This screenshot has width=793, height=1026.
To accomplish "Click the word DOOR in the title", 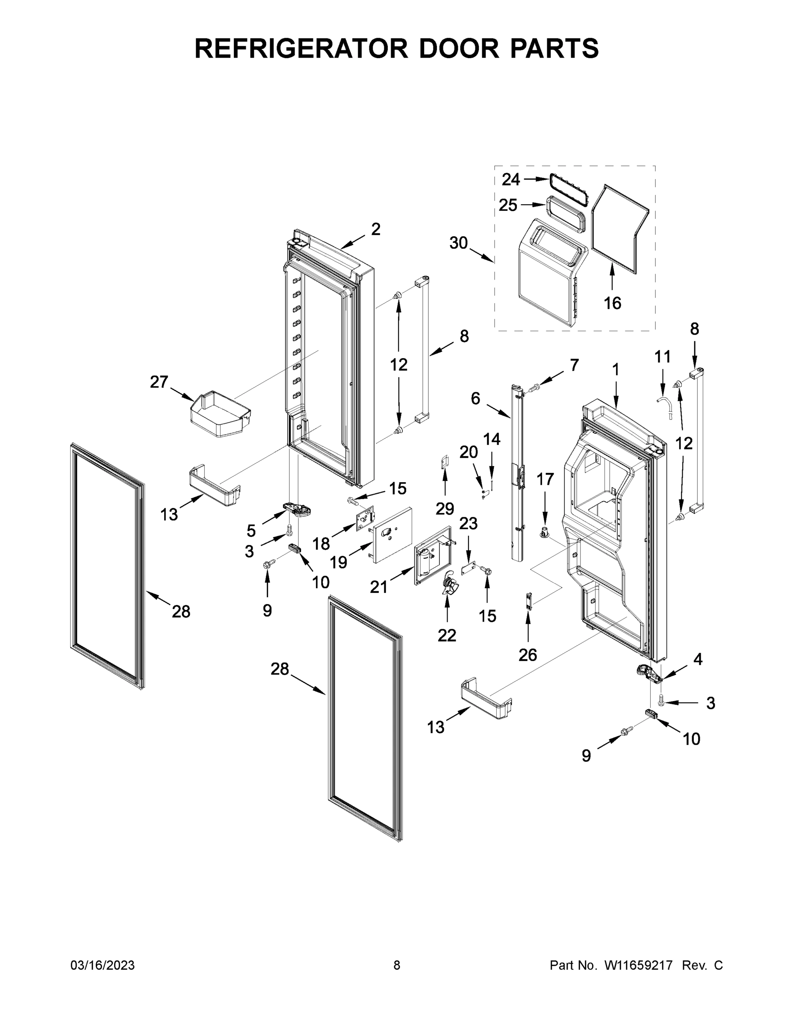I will click(458, 48).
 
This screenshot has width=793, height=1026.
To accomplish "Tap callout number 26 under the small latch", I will click(527, 655).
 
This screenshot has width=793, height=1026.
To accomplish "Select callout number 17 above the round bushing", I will click(545, 479).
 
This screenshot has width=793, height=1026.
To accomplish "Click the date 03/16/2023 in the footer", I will click(103, 965).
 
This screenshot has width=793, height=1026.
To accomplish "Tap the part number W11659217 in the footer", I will click(638, 965).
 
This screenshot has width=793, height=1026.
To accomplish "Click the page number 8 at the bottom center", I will click(397, 965).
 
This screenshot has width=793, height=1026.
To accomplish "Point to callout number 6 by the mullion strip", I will click(475, 398).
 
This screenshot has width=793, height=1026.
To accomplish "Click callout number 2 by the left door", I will click(375, 229).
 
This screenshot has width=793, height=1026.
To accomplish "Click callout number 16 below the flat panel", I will click(612, 303).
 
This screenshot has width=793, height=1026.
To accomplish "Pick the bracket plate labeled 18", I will click(365, 520).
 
